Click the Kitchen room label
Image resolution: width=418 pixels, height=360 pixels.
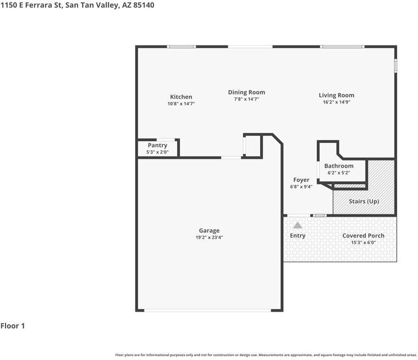181,97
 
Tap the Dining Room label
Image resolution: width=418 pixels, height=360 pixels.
246,92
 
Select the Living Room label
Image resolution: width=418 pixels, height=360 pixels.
337,96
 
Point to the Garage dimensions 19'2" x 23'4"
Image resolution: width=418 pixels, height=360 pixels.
209,237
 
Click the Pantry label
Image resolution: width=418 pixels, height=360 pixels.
157,145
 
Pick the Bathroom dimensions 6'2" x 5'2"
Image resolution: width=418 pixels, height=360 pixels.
339,173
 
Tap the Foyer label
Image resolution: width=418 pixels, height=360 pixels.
301,180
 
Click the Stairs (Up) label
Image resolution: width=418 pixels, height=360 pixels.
364,202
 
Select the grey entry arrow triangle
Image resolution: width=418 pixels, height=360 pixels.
298,225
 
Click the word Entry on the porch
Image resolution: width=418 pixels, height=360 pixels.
298,236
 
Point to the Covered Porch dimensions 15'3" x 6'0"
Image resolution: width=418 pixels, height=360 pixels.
364,242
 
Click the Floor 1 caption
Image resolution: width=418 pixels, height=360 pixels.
13,326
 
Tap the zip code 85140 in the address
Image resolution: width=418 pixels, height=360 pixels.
144,5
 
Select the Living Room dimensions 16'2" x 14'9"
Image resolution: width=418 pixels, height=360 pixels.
337,102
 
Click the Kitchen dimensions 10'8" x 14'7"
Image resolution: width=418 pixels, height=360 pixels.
181,104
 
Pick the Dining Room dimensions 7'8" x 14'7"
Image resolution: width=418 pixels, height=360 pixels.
246,99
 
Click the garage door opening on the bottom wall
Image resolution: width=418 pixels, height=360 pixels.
208,311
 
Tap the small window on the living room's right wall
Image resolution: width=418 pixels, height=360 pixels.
395,65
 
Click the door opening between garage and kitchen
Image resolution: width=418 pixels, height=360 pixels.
231,158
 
